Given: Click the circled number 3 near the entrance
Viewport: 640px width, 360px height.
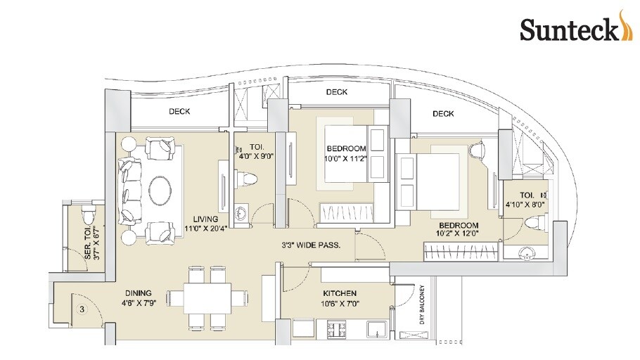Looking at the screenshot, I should (x=82, y=309).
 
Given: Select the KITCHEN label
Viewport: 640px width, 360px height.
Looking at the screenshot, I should (x=340, y=293).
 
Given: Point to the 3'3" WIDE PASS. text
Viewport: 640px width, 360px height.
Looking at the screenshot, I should (x=308, y=245).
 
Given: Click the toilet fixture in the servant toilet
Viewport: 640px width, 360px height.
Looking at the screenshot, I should (x=87, y=212).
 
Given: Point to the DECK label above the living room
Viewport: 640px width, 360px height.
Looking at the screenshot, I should (x=180, y=111).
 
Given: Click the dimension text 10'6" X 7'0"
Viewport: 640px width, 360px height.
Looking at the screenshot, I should (x=340, y=304).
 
